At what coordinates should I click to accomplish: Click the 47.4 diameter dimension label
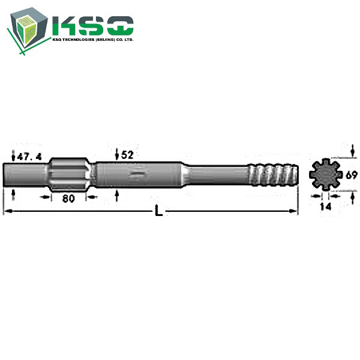pos(29,157)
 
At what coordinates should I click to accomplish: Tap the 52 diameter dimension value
pos(127,155)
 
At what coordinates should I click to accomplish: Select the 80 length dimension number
pos(68,199)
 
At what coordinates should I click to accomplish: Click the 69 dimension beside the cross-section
pos(352,175)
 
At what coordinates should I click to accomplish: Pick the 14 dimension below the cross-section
pos(325,206)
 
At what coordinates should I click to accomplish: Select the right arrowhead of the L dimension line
pos(295,211)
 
